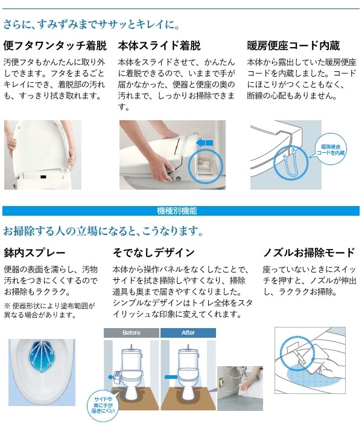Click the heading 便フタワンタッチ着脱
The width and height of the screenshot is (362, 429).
click(x=55, y=46)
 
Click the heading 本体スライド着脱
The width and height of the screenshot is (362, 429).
click(x=159, y=46)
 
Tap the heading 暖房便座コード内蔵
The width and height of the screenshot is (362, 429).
click(x=293, y=46)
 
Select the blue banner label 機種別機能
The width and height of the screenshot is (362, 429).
click(x=177, y=211)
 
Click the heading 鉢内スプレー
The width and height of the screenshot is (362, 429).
click(x=34, y=252)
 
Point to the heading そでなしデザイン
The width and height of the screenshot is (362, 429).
click(x=153, y=252)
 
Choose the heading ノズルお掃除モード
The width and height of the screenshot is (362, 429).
click(x=309, y=252)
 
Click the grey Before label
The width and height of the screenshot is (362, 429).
click(x=132, y=333)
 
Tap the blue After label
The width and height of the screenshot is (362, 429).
click(x=188, y=333)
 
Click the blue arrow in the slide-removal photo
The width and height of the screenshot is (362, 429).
click(x=205, y=143)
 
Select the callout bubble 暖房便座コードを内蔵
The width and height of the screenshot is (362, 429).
click(x=331, y=150)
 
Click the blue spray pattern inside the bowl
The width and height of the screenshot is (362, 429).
click(x=42, y=356)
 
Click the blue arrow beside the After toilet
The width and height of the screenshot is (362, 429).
click(x=171, y=377)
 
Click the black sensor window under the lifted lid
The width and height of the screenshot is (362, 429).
click(x=43, y=176)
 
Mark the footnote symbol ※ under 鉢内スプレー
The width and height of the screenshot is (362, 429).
click(x=7, y=306)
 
